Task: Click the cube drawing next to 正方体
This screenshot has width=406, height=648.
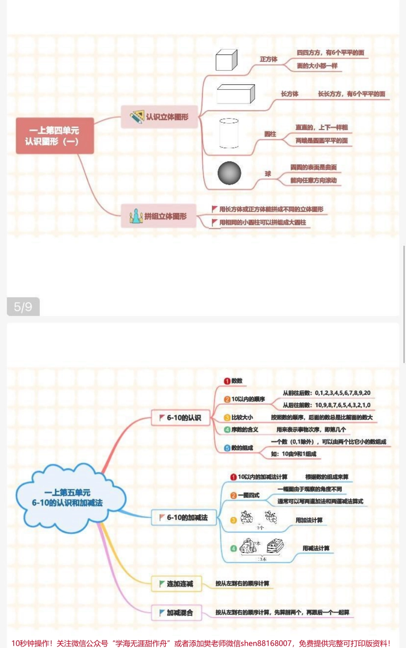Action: (226, 60)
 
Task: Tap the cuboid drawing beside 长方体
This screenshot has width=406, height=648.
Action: (235, 94)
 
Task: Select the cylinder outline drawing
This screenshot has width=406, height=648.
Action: (229, 133)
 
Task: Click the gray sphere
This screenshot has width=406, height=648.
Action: (229, 173)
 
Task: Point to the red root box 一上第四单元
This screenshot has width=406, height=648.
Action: (55, 136)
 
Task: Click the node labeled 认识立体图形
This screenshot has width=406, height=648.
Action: (159, 117)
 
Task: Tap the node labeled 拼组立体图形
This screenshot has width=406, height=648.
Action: (159, 216)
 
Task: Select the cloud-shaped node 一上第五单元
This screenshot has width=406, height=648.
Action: (68, 498)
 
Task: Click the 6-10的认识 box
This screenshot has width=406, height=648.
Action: (180, 418)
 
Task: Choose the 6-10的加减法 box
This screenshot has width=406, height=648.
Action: (183, 518)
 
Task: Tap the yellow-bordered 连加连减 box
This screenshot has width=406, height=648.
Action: (177, 584)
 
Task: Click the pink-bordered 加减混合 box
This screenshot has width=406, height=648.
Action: (177, 613)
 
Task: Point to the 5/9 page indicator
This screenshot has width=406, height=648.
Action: (23, 306)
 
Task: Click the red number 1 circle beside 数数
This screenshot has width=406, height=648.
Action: (227, 381)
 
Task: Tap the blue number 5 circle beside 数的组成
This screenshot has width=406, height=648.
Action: (227, 448)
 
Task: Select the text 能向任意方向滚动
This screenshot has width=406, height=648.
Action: (313, 180)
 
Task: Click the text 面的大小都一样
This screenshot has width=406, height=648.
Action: (317, 66)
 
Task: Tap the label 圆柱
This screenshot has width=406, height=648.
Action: (270, 134)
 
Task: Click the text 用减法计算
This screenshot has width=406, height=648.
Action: (316, 548)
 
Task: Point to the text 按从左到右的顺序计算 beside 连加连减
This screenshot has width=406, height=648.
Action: (242, 583)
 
